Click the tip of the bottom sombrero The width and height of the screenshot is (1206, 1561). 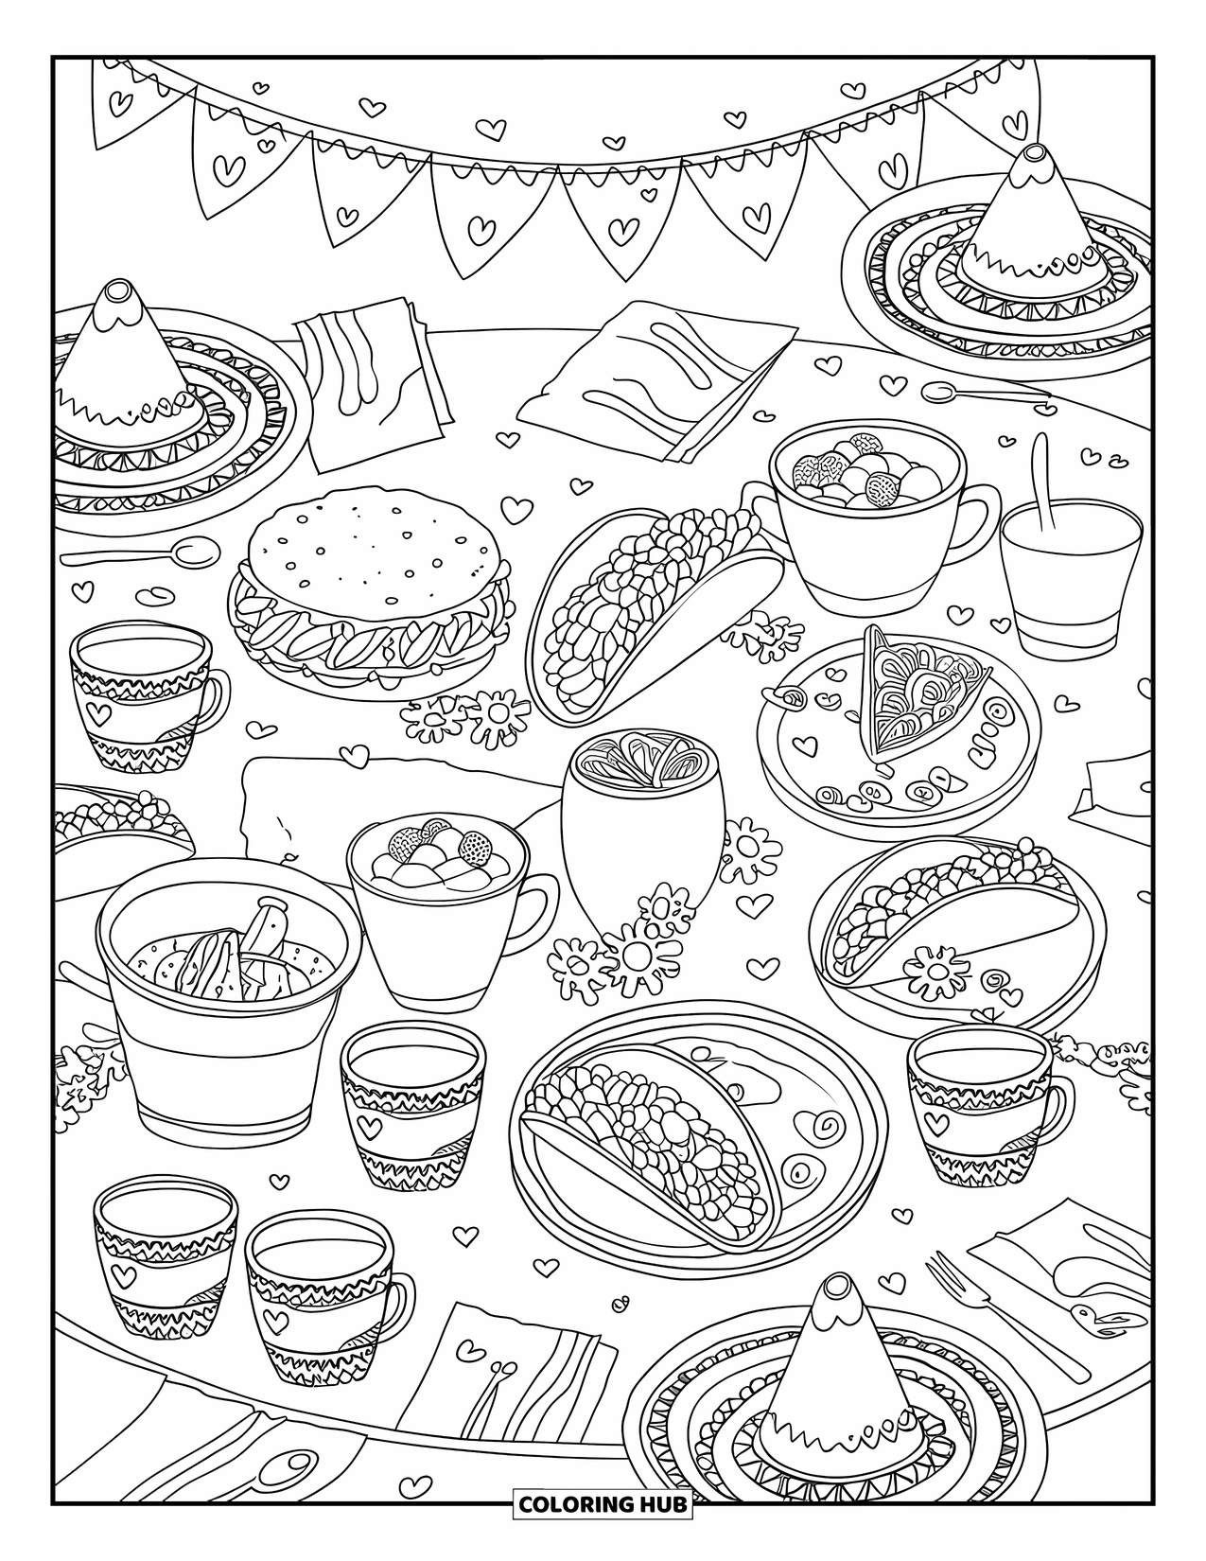[x=834, y=1289]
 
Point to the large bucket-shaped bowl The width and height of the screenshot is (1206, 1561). [x=227, y=1003]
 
